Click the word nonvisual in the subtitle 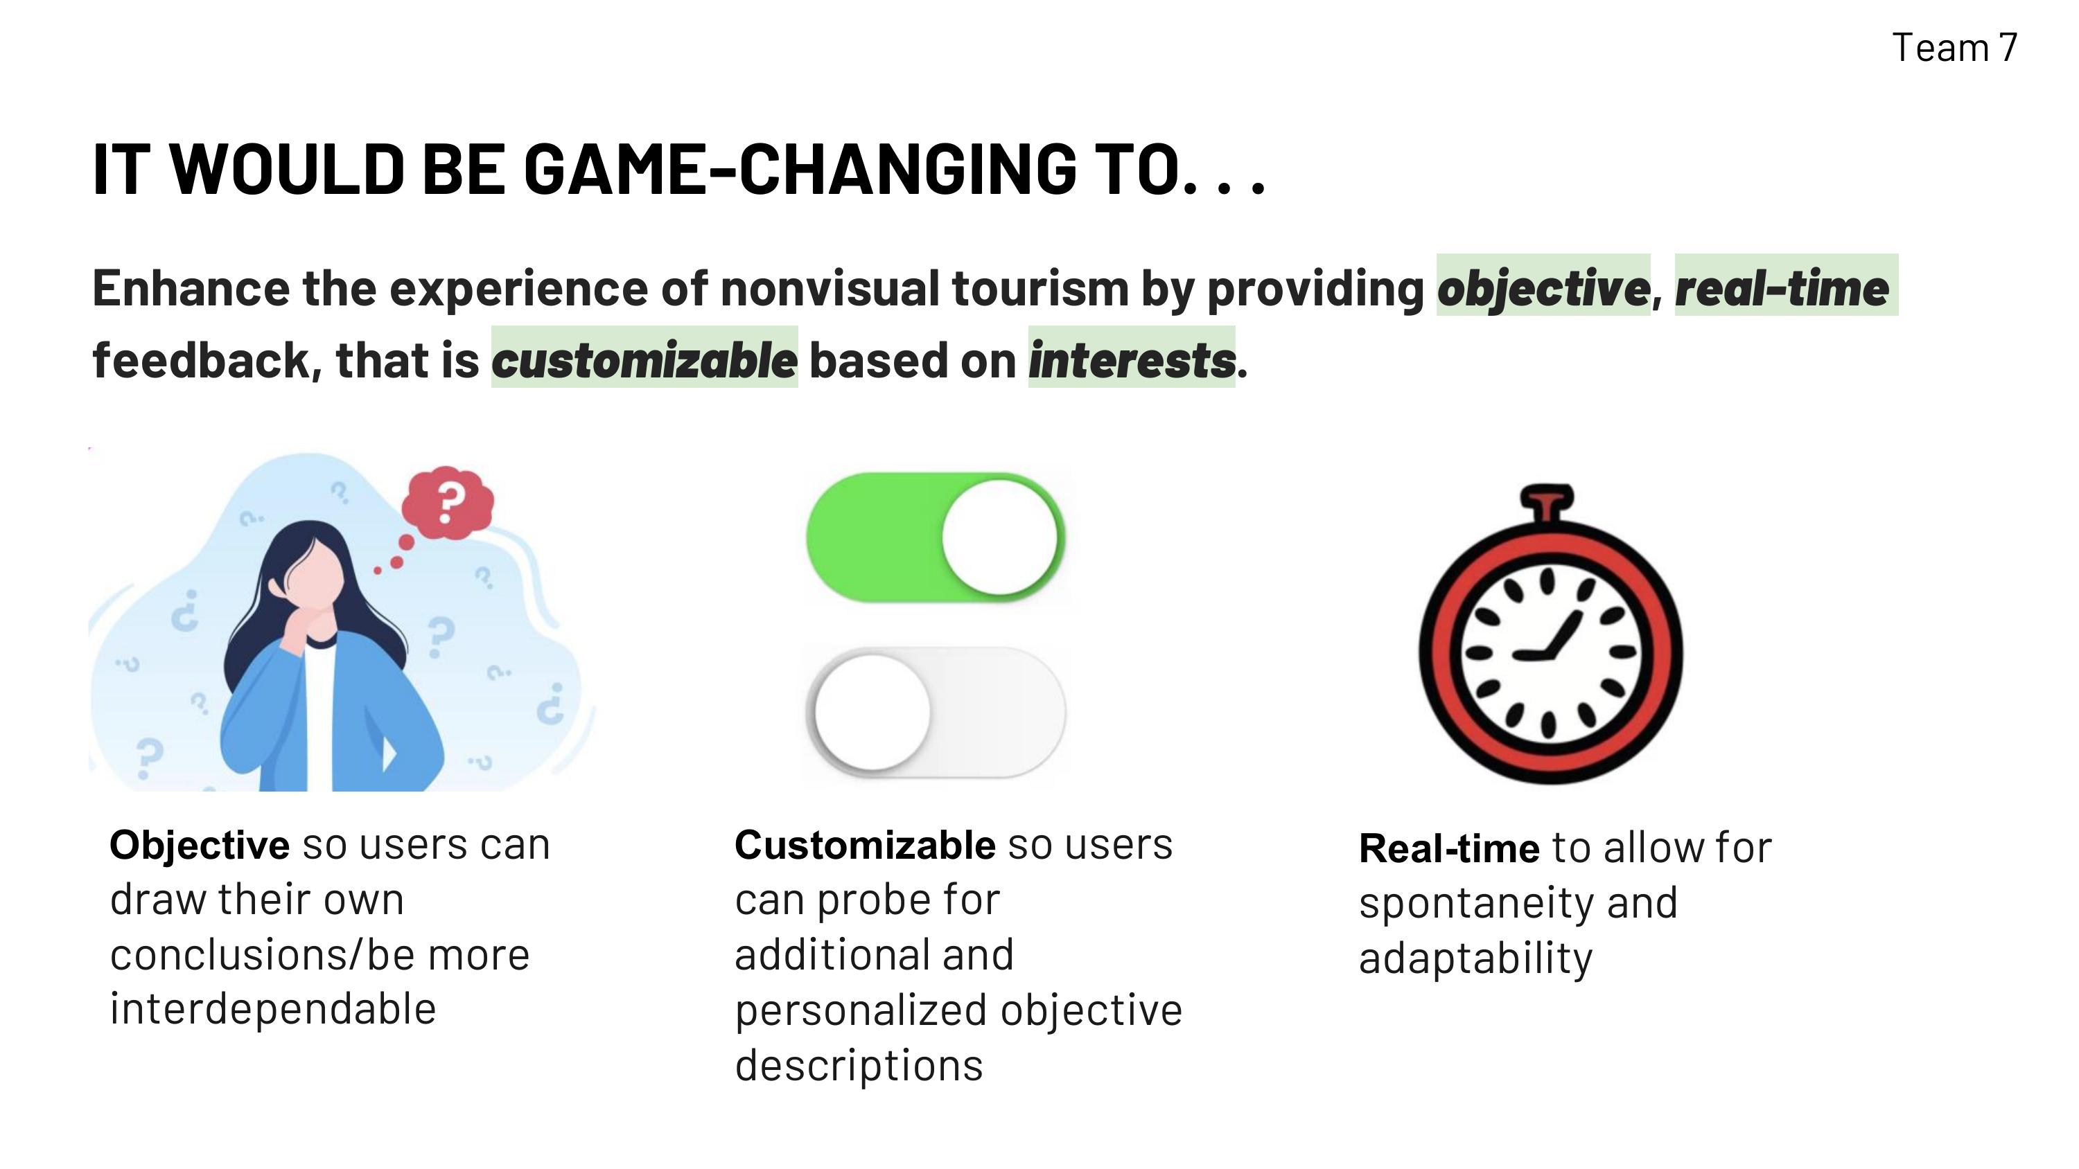coord(830,288)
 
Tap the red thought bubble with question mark coord(448,503)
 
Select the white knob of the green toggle coord(999,537)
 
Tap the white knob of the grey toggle coord(872,711)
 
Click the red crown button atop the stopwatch coord(1547,501)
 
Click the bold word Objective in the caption coord(200,846)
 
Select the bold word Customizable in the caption coord(864,846)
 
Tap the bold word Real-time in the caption coord(1448,848)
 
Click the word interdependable coord(273,1009)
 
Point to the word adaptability coord(1475,959)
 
